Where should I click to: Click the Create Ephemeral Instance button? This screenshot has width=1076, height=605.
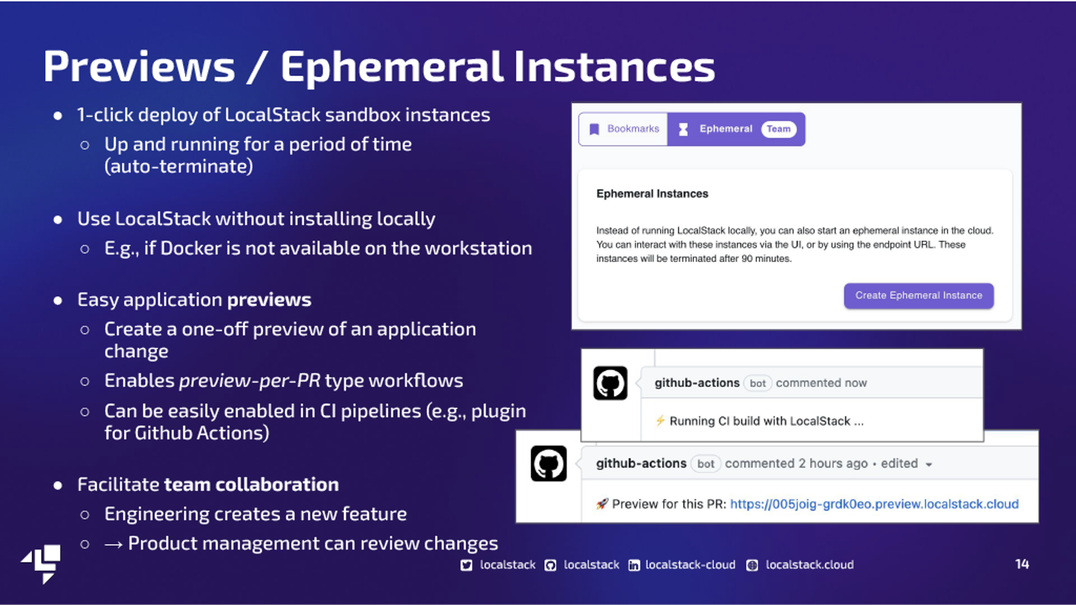(x=919, y=295)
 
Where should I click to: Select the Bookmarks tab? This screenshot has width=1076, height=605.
(x=623, y=129)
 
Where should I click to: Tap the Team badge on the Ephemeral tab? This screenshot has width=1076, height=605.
(x=778, y=129)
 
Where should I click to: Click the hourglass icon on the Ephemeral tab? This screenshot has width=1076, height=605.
(x=683, y=129)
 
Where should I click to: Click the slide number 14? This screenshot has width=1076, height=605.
(x=1022, y=564)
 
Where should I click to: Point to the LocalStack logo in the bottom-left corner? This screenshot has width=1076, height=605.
(x=41, y=564)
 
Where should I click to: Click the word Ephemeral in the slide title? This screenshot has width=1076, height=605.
(x=391, y=67)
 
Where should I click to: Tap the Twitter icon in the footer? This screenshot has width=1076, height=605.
(x=466, y=565)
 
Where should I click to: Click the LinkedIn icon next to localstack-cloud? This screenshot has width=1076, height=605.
(x=634, y=565)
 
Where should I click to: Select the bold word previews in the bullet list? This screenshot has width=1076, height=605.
(x=269, y=300)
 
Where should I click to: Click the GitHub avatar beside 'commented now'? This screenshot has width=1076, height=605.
(x=610, y=383)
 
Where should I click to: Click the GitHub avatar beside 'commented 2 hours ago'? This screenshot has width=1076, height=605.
(x=549, y=463)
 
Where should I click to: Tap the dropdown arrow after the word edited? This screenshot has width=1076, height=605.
(x=929, y=464)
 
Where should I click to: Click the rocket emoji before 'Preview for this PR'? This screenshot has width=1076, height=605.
(x=602, y=504)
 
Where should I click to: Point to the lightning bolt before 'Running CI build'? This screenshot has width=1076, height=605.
(x=661, y=421)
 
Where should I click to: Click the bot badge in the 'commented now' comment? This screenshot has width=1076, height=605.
(x=758, y=383)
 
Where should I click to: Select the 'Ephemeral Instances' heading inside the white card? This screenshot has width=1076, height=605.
(x=652, y=194)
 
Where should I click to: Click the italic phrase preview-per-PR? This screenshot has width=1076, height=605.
(x=250, y=381)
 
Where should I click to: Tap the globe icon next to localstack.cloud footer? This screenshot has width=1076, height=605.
(x=752, y=565)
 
